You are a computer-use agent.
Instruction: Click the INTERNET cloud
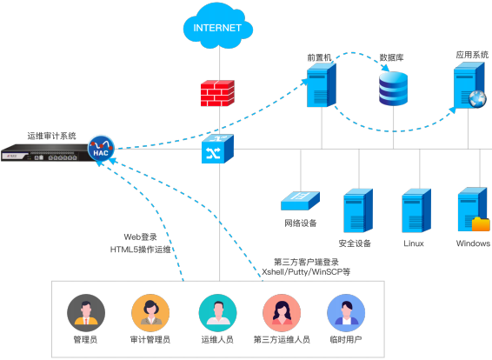tap(217, 28)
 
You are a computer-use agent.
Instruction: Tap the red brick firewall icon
tap(217, 92)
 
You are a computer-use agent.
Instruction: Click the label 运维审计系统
tap(52, 136)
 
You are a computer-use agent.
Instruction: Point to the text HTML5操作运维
tap(141, 249)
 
